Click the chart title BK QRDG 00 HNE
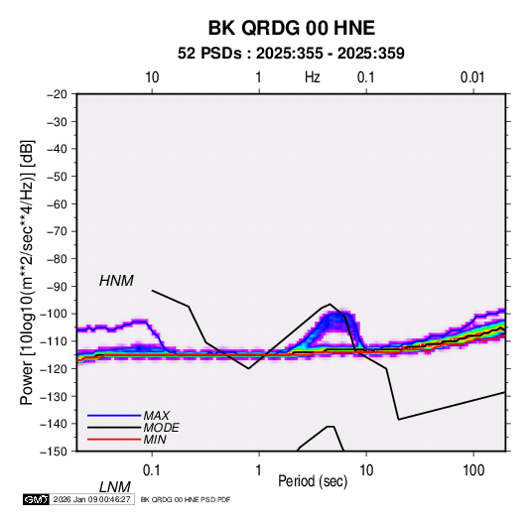click(x=291, y=28)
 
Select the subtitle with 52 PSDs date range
click(x=291, y=54)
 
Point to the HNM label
click(x=116, y=281)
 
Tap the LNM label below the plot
click(x=114, y=487)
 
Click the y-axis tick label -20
click(x=57, y=94)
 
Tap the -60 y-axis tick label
click(x=57, y=203)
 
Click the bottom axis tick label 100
click(x=473, y=469)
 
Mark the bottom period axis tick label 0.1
click(x=151, y=469)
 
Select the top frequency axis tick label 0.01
click(x=472, y=77)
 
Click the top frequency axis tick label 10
click(x=152, y=77)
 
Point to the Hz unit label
click(x=313, y=77)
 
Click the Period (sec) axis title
click(x=313, y=481)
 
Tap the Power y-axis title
click(x=27, y=273)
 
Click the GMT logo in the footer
click(x=36, y=499)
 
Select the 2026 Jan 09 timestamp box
click(x=91, y=499)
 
